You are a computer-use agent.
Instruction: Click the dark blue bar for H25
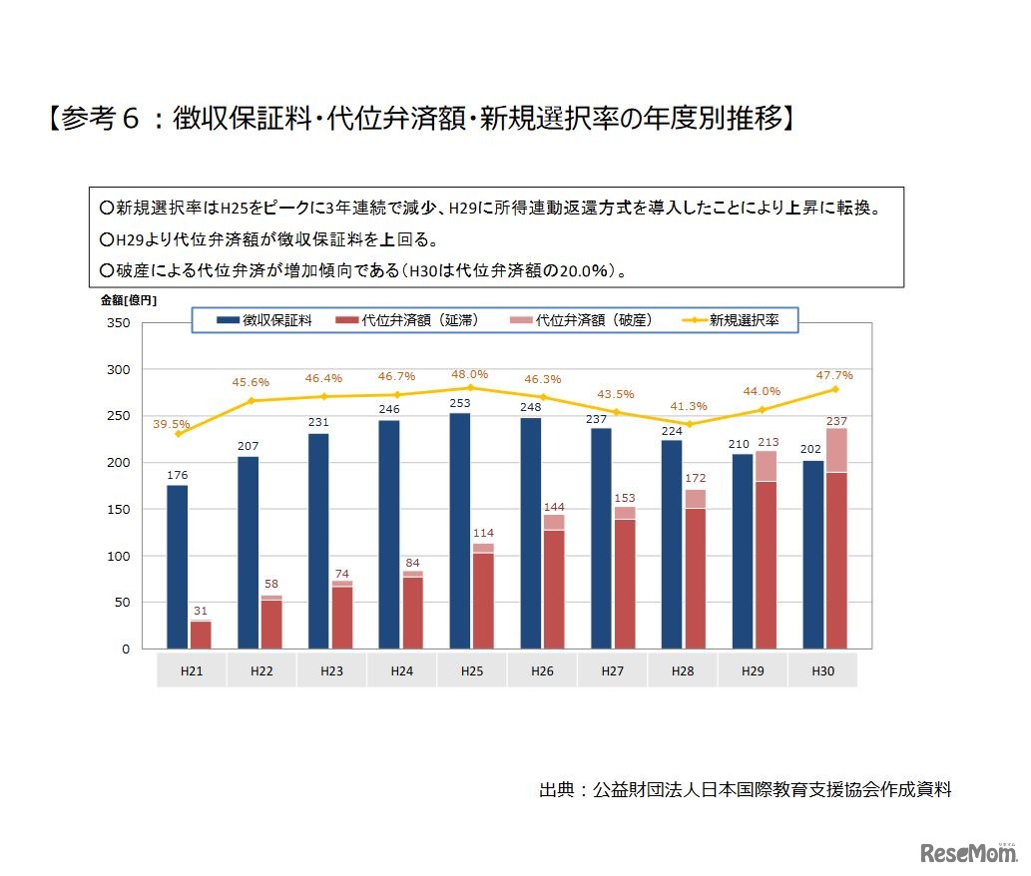click(x=460, y=531)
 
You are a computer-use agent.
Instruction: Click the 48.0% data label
click(x=472, y=374)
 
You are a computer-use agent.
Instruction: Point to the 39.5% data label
click(x=172, y=424)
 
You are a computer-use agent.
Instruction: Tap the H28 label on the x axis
click(x=683, y=671)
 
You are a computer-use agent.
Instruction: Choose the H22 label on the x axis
click(x=262, y=671)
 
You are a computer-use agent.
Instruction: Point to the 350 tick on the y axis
click(x=117, y=323)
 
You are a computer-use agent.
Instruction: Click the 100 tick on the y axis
click(x=117, y=556)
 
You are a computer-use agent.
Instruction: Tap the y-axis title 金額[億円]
click(x=128, y=299)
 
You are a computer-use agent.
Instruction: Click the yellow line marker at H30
click(x=834, y=389)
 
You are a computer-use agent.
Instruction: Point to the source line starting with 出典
click(x=745, y=789)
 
